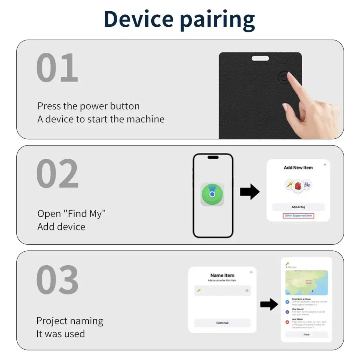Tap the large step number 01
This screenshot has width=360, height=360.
57,68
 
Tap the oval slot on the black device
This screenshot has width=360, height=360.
260,58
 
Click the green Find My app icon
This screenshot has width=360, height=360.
212,194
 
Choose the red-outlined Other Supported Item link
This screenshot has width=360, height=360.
298,216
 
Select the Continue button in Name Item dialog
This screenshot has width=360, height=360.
222,323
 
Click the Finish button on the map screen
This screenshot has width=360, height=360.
306,334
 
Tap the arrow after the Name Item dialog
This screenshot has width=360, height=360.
269,304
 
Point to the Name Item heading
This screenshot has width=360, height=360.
222,275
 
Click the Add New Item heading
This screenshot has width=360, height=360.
298,168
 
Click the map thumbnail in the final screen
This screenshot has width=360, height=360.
306,282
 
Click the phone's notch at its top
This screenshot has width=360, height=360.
213,157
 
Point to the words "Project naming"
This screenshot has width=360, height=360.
70,321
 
